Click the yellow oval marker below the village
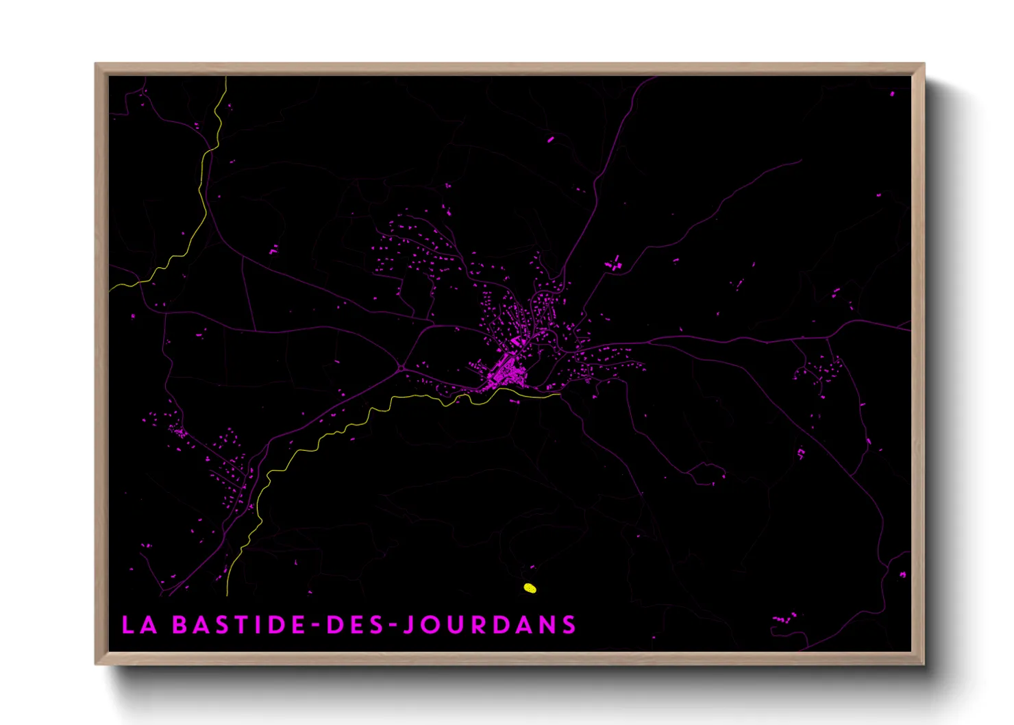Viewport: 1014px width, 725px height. coord(530,588)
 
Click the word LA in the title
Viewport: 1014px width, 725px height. coord(139,625)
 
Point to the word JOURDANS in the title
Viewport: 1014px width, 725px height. coord(489,625)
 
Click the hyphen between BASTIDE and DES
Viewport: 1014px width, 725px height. coord(316,626)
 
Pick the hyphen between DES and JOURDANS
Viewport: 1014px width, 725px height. coord(392,626)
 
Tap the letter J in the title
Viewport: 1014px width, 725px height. coord(408,625)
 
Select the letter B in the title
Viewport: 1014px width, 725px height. coord(180,625)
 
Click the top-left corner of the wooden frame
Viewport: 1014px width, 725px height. coord(96,64)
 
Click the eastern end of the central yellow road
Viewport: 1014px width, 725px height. coord(558,393)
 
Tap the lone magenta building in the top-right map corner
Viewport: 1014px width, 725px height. coord(892,93)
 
